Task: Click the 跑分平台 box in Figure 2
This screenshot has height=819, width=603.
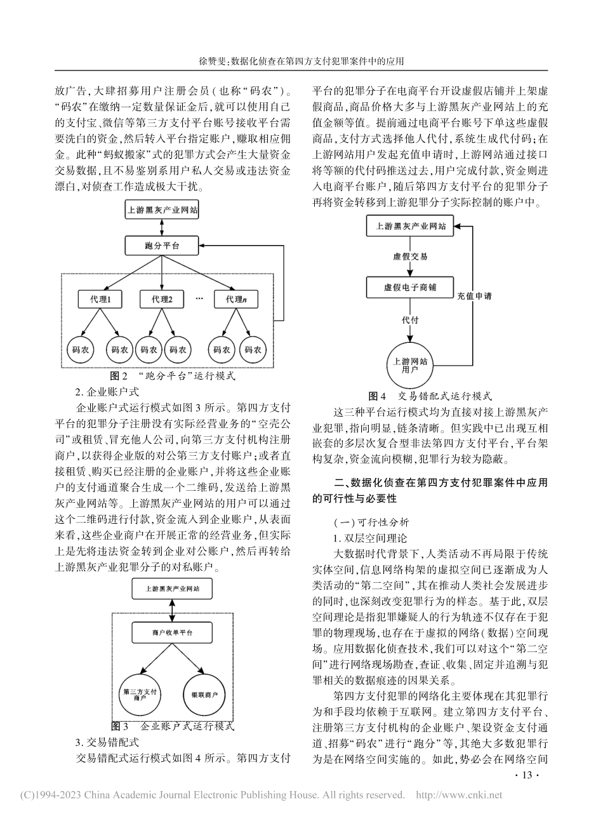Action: point(162,244)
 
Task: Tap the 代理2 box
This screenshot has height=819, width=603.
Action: point(162,298)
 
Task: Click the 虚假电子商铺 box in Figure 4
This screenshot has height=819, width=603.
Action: point(411,287)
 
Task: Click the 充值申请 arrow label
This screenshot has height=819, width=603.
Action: point(473,296)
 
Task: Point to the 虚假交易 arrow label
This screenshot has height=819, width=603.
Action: point(411,256)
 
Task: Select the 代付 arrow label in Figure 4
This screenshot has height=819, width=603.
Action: point(411,321)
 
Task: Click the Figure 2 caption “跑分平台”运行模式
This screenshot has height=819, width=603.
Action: point(173,376)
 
